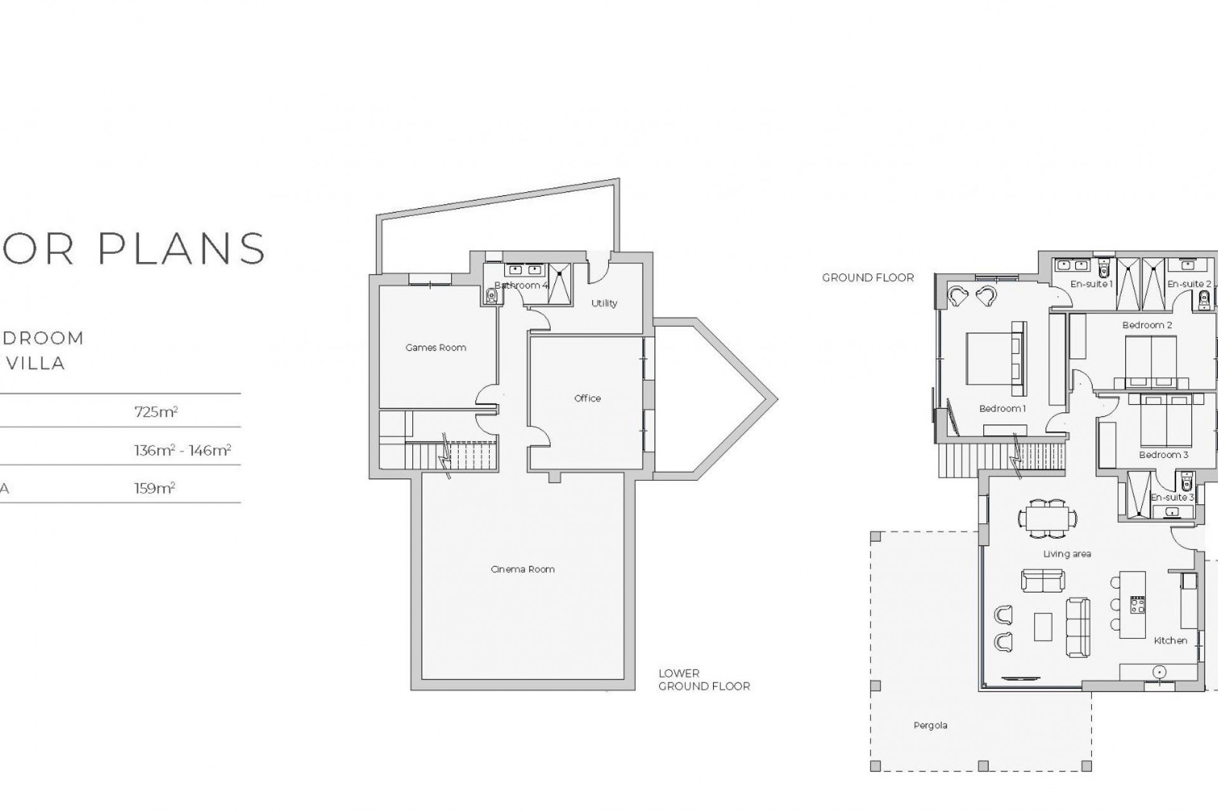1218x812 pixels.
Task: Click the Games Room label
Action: (x=436, y=348)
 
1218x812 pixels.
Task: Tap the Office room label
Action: (x=587, y=398)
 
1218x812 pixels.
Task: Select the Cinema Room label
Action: (x=523, y=569)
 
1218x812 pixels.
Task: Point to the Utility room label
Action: (x=604, y=303)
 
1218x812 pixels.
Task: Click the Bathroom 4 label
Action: (x=521, y=285)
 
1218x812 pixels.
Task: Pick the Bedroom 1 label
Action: (x=1002, y=409)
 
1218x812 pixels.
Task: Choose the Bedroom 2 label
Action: (x=1147, y=325)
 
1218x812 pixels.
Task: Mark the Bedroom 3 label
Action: (x=1163, y=455)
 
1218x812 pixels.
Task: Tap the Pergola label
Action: (x=931, y=725)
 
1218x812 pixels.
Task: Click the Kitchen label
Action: (x=1170, y=641)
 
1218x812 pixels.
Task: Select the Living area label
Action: (x=1067, y=554)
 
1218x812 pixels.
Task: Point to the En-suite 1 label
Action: (x=1091, y=284)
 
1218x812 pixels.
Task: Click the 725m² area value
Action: (x=156, y=412)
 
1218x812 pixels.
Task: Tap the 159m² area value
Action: (x=155, y=488)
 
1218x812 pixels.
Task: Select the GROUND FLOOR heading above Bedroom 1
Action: (x=868, y=278)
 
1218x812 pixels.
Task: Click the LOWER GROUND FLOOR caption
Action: (x=704, y=679)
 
